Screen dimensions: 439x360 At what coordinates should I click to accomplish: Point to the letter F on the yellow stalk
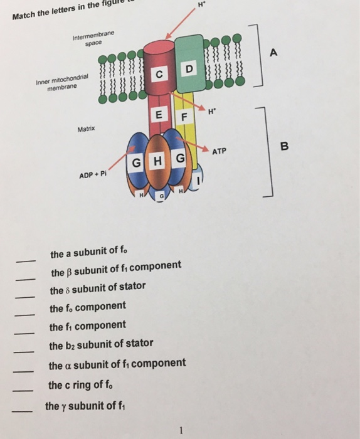184,117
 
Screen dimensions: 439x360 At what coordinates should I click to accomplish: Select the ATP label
220,151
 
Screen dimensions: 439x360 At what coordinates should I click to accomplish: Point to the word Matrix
86,129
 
